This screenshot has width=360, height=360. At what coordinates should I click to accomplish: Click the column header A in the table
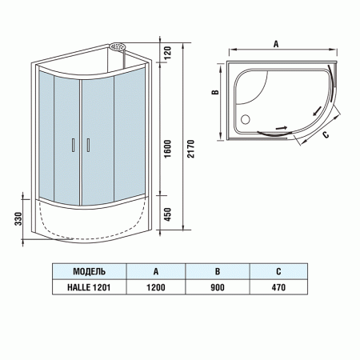click(154, 271)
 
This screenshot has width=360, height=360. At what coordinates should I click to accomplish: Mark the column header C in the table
click(278, 271)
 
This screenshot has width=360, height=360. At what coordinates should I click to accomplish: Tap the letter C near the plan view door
click(326, 135)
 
